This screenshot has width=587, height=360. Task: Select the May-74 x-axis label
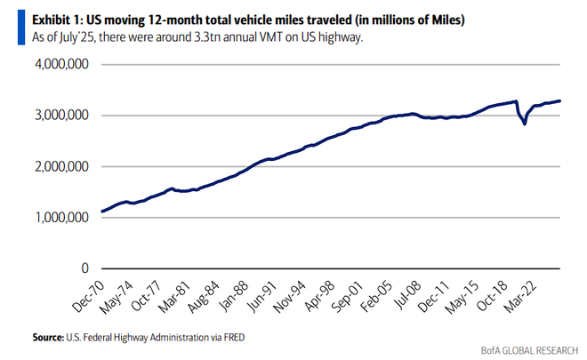coord(121,293)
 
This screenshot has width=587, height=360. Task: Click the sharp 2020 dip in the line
coord(525,123)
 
